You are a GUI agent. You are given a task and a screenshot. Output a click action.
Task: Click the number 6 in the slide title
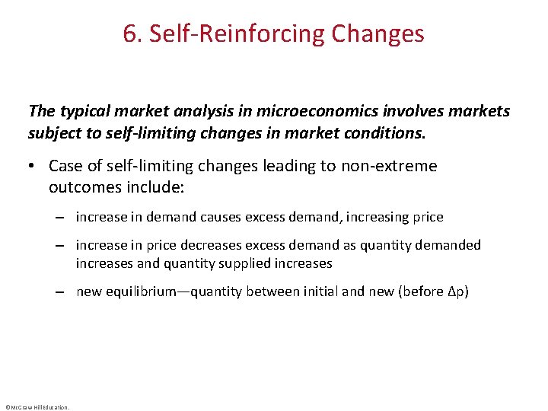[x=129, y=34]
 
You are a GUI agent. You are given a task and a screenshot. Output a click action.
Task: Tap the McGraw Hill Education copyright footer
[x=37, y=407]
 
